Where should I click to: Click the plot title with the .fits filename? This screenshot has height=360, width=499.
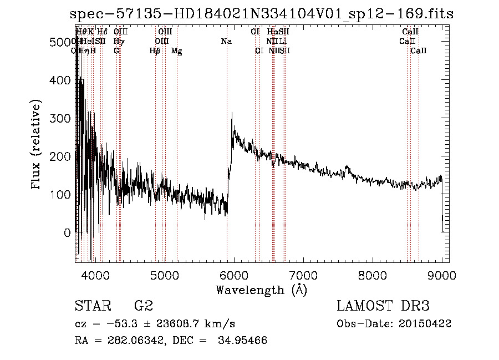point(262,13)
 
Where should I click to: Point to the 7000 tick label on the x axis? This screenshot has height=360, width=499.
point(303,275)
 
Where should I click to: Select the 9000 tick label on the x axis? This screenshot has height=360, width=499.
point(441,275)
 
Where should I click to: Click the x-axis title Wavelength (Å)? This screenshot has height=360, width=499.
point(261,290)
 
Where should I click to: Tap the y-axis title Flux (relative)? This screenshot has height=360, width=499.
point(37,145)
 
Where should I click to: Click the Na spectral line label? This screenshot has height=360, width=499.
point(226,41)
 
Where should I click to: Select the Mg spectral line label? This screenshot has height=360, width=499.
point(177,51)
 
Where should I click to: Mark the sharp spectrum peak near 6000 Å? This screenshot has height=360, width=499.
point(232,113)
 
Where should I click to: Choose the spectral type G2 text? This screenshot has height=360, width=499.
point(144,306)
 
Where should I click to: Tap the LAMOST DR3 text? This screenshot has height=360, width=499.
point(383,306)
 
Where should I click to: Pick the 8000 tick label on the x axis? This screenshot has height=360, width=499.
point(372,275)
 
